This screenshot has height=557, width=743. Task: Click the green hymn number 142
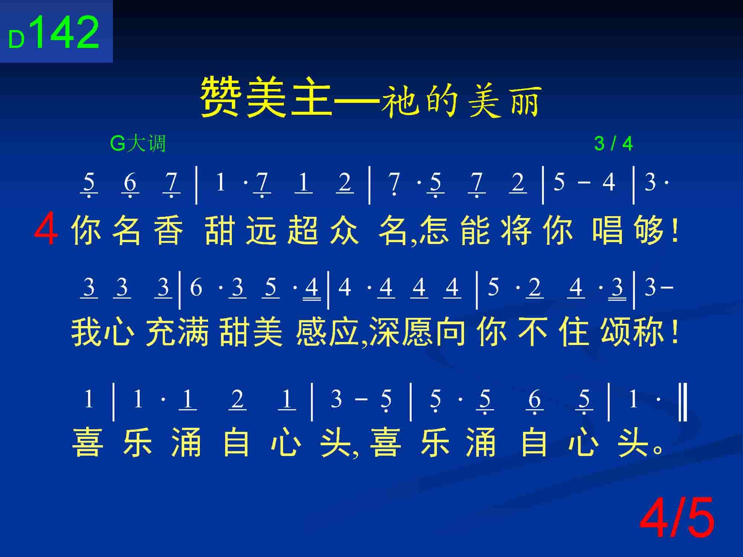pos(67,33)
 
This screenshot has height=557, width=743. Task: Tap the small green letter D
pos(17,40)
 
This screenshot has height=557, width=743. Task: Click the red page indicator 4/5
pos(677,517)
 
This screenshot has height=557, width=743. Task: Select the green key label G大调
pos(138,143)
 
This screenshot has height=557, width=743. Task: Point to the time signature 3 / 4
pos(613,143)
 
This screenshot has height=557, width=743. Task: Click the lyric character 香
pos(169,230)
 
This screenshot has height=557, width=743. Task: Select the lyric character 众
pos(344,230)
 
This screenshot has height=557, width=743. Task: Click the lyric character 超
pos(303,230)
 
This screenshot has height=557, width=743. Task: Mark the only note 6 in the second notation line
pos(196,287)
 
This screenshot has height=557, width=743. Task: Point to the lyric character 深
pos(385,332)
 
